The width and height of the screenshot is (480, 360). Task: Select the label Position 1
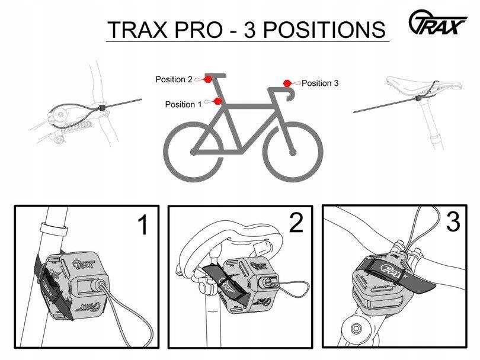pos(183,105)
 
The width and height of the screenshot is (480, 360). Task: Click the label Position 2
pos(174,79)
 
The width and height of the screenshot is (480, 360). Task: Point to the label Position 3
pos(320,83)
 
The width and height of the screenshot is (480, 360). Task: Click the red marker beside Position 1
pos(217,102)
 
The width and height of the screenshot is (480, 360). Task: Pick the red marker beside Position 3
pos(287,83)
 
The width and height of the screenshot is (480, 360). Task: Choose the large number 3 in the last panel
pos(453,222)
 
